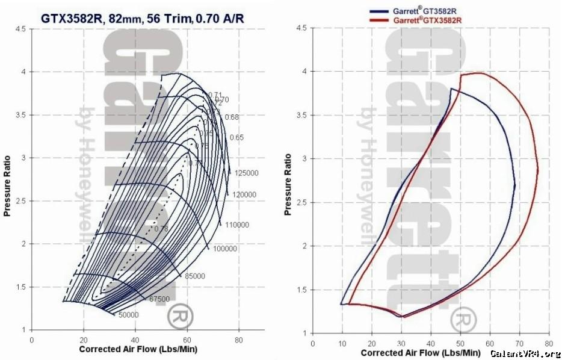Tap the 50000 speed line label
click(128, 315)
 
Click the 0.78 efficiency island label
click(161, 229)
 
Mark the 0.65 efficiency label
click(236, 138)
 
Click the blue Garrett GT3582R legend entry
click(419, 10)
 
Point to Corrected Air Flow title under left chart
click(138, 349)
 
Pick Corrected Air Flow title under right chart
click(419, 352)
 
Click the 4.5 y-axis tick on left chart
click(21, 28)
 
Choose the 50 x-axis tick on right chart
click(460, 343)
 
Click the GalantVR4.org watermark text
click(525, 353)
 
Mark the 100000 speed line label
click(225, 249)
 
